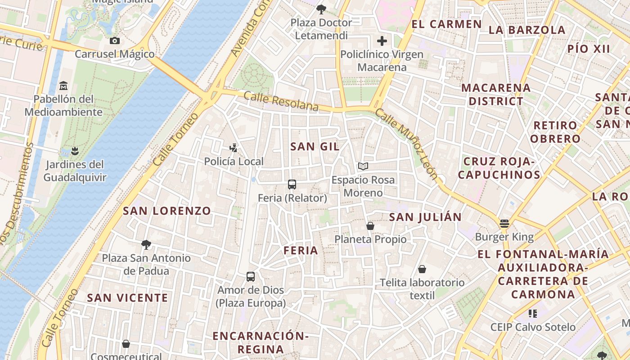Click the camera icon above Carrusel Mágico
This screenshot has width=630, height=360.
115,41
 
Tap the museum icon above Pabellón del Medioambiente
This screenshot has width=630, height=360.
63,85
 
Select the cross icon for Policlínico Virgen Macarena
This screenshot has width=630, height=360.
382,41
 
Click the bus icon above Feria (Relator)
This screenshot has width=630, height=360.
292,184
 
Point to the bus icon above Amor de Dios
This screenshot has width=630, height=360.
251,276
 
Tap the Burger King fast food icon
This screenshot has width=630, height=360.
504,224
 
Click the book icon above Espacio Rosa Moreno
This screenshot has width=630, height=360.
363,166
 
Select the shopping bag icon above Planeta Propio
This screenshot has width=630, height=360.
370,225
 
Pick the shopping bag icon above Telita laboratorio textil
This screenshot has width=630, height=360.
422,269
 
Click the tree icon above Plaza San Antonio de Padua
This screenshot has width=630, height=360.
146,245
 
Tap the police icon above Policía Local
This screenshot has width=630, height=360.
233,148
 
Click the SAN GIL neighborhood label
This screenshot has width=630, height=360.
315,146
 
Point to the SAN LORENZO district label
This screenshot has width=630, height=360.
167,211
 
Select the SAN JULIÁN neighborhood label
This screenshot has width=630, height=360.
425,217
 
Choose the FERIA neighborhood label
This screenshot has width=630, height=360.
301,251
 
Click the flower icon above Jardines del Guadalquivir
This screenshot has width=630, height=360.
75,151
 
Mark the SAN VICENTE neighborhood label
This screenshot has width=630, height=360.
127,298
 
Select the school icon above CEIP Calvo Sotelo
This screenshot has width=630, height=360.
533,313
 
